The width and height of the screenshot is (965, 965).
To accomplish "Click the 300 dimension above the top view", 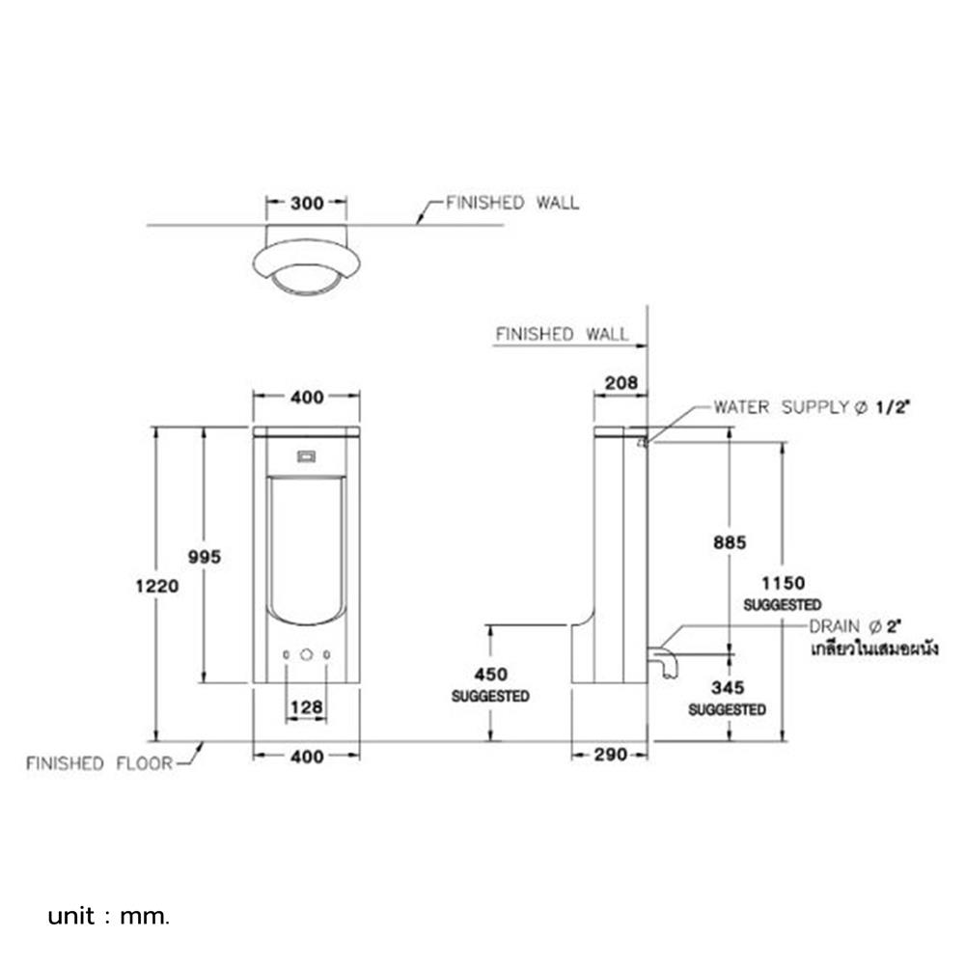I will pos(306,204).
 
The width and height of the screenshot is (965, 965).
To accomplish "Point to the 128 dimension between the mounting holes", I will pos(306,707).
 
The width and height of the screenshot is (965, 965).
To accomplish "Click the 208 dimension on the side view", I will pos(621,383).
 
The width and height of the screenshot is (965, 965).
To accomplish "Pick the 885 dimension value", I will pos(731,542).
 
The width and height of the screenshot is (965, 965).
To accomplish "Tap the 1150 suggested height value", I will pos(783,583).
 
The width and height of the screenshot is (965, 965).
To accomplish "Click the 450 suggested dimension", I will pos(490,675).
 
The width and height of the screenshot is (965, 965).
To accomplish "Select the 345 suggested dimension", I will pos(727,689).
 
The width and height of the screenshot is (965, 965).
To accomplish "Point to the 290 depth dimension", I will pos(610,754).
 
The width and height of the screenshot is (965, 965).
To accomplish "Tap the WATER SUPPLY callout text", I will pos(812,407).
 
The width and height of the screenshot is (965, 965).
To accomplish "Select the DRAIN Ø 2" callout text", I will pos(861,626).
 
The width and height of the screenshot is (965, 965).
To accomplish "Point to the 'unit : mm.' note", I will pos(108,915).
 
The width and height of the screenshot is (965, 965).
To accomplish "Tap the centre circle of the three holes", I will pos(306,655).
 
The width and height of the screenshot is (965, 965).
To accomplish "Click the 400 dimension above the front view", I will pos(306,397).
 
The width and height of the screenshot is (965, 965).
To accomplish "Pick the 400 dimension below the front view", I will pos(306,758).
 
